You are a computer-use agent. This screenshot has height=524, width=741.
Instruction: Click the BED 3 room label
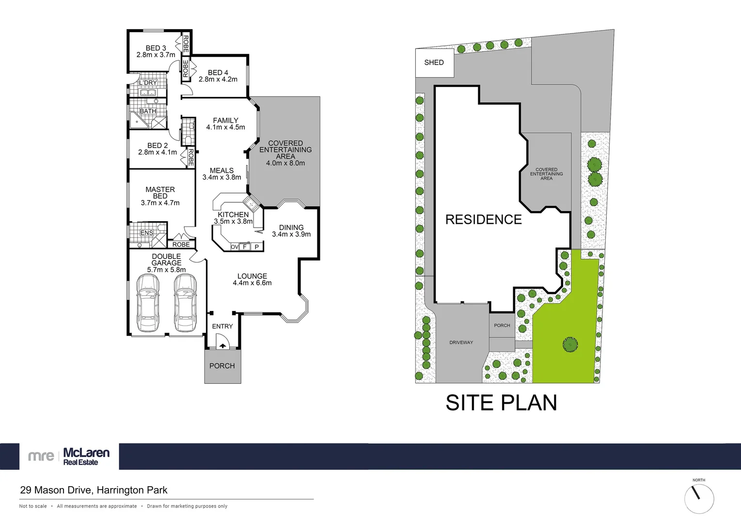156,48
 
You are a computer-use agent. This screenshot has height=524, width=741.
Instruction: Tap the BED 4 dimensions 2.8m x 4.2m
218,80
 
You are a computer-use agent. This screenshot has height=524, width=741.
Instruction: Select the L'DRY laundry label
148,83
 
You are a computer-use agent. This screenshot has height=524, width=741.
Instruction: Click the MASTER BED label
160,193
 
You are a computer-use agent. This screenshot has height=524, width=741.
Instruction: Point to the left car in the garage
147,303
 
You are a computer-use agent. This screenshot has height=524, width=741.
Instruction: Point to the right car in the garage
185,303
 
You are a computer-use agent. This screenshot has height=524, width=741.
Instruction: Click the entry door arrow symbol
222,345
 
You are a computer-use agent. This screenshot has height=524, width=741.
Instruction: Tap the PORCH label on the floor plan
222,366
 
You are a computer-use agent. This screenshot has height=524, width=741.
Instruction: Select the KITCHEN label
233,214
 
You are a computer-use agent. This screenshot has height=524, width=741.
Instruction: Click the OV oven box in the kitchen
235,247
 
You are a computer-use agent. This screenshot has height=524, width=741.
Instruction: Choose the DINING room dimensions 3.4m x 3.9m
291,234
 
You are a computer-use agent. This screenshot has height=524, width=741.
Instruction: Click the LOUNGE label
252,276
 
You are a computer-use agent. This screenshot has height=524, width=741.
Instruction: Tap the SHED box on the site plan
434,63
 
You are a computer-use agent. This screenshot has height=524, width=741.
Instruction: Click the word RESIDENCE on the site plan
483,220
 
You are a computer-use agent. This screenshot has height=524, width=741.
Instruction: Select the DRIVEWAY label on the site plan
461,343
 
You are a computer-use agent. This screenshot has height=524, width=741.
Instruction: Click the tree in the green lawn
570,344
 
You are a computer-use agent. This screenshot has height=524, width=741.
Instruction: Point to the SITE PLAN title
501,403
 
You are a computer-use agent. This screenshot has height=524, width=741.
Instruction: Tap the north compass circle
699,499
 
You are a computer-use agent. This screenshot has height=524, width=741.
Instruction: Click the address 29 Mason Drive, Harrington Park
94,490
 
